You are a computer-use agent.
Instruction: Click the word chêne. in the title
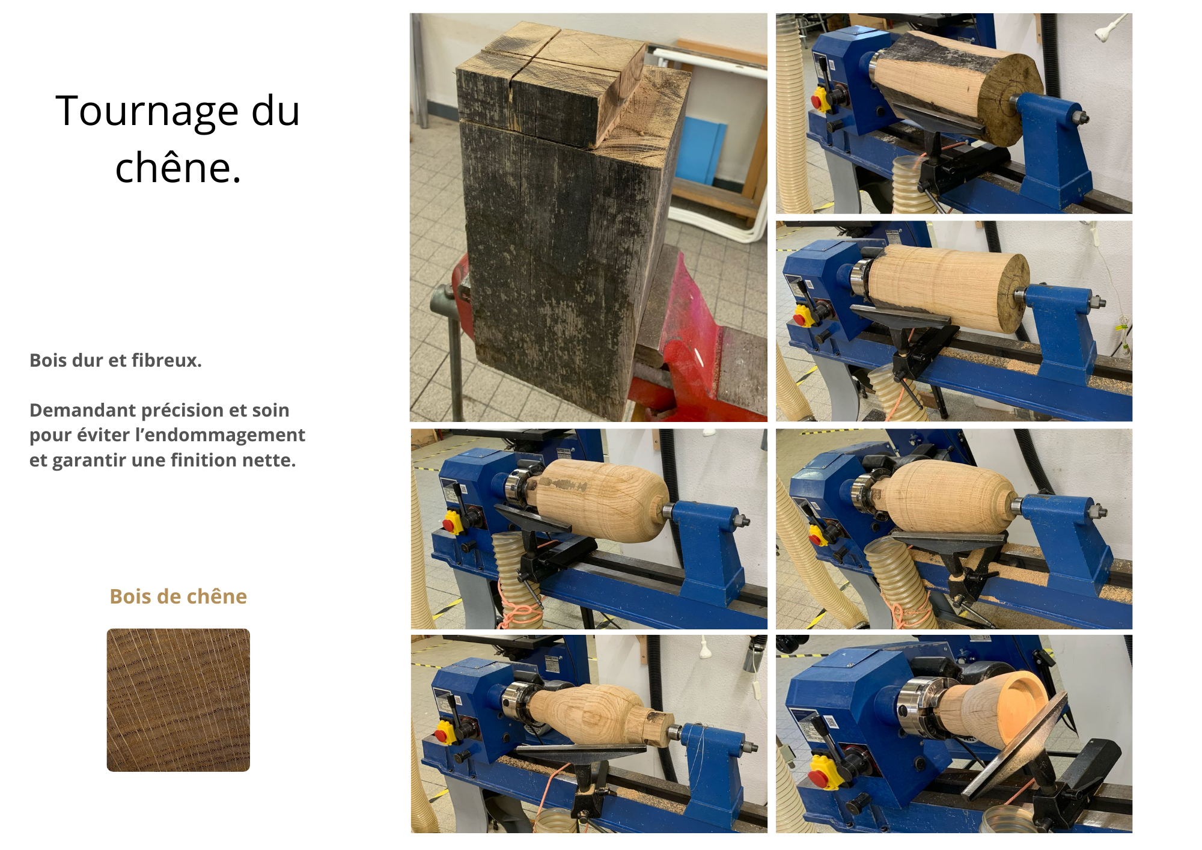click(x=178, y=168)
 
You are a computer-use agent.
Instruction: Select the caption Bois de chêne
click(x=178, y=596)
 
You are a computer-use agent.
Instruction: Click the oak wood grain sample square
click(x=178, y=700)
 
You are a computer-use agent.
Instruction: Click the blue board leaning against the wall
click(x=703, y=150)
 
